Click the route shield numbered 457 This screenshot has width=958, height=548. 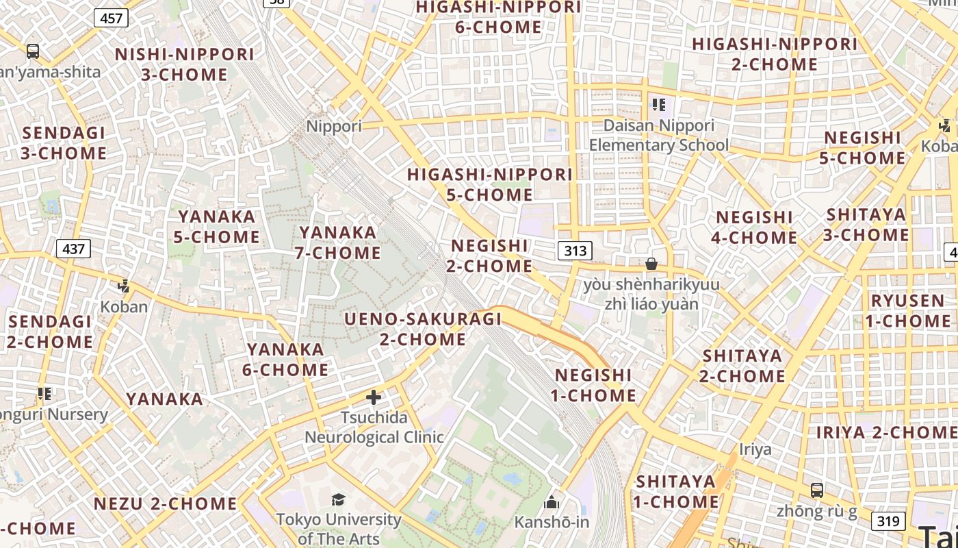tap(111, 18)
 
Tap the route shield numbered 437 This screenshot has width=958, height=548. tap(73, 248)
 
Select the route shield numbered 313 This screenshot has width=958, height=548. tap(575, 251)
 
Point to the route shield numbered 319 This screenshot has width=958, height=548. tap(888, 521)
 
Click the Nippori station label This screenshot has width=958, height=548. tap(334, 126)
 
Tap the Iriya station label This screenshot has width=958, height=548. tap(755, 449)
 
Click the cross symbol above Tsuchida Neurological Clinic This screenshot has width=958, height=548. tap(374, 397)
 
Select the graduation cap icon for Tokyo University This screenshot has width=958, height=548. tap(338, 499)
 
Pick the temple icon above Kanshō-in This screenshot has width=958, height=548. tap(552, 503)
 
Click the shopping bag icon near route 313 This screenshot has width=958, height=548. tap(651, 264)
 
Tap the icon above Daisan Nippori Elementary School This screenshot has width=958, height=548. tap(659, 105)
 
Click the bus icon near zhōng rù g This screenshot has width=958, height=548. tap(817, 490)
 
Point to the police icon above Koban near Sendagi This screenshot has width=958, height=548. tap(124, 286)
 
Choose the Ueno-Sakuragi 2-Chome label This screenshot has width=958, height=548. tap(423, 329)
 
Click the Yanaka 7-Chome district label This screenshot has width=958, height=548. tap(338, 242)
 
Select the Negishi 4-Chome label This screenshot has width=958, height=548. tap(755, 227)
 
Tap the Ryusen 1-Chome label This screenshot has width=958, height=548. tap(907, 310)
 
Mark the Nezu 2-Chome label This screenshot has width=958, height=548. tap(165, 503)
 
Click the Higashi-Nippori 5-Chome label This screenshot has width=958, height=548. tap(490, 184)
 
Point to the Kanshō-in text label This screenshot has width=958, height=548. tap(552, 522)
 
